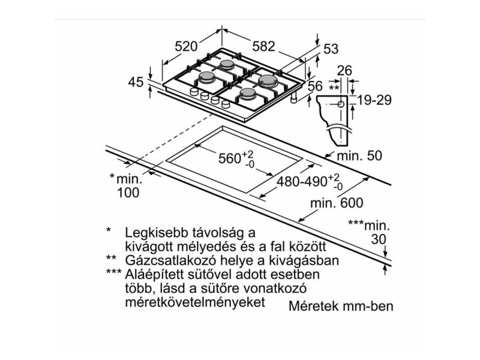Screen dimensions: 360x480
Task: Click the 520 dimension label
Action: (186, 46)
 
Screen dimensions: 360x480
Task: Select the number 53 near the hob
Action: (331, 50)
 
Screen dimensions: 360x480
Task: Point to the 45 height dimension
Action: (136, 82)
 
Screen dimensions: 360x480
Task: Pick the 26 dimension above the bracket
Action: (344, 71)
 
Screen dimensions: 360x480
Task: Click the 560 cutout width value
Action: (229, 159)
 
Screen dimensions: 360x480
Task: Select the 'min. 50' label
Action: (359, 156)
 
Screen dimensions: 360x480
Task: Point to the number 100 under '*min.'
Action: (127, 193)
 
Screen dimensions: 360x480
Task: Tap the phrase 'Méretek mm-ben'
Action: (341, 306)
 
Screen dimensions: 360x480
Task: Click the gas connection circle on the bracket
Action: (341, 104)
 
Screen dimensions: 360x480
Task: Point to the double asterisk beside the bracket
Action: (334, 88)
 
